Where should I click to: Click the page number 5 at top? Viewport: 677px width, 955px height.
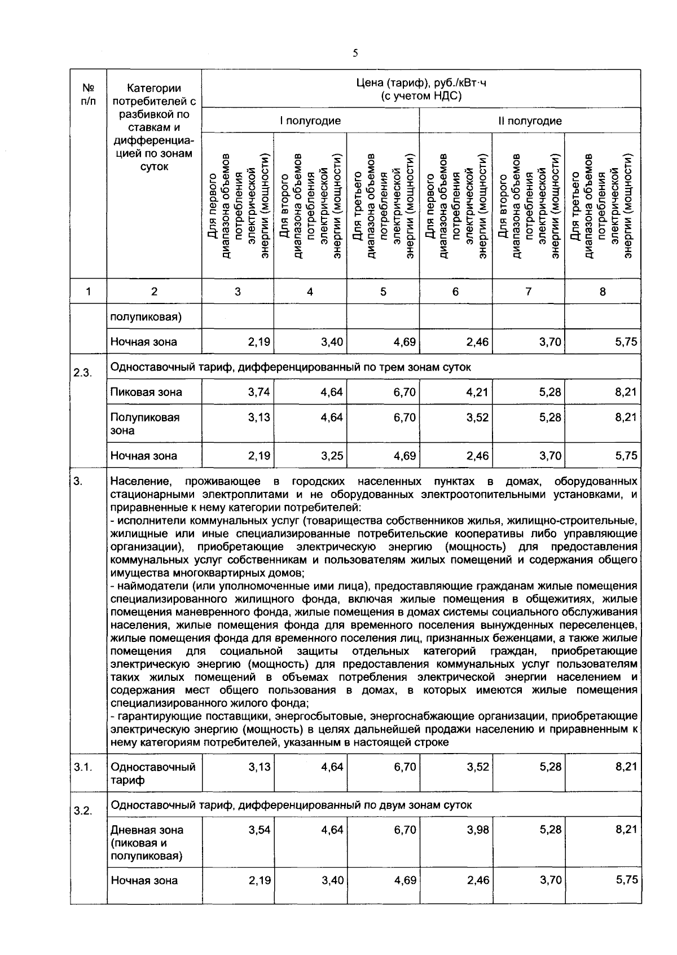click(x=355, y=54)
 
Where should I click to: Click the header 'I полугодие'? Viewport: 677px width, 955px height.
click(x=310, y=121)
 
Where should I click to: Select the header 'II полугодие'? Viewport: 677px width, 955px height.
click(x=529, y=121)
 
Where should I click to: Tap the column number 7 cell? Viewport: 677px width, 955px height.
click(x=528, y=292)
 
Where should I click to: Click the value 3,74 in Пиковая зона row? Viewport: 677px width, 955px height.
click(x=259, y=392)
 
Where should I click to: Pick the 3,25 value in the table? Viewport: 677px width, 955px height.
click(x=332, y=456)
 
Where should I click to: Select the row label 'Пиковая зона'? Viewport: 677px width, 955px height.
click(x=146, y=392)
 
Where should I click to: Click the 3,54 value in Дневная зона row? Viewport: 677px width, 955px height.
click(x=259, y=830)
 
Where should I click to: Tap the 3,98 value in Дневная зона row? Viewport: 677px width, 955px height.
click(x=478, y=830)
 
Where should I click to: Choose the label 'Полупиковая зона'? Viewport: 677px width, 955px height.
click(x=145, y=424)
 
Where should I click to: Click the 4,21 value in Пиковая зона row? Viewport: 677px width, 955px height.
click(x=478, y=392)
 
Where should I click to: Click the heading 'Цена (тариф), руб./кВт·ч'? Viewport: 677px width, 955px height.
click(x=421, y=83)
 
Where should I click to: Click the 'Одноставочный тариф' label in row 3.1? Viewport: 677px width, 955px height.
click(x=153, y=773)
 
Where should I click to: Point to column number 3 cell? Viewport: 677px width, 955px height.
click(x=238, y=292)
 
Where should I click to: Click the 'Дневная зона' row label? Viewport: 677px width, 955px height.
click(x=147, y=830)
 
